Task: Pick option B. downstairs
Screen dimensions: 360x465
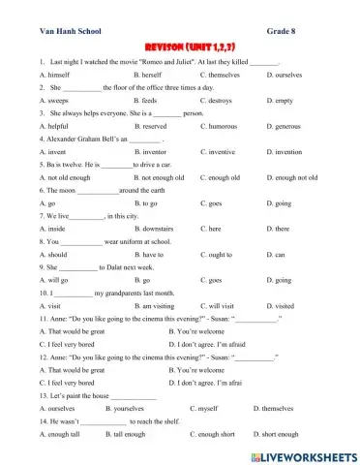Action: (x=157, y=229)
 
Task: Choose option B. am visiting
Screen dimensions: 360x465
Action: (x=158, y=305)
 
